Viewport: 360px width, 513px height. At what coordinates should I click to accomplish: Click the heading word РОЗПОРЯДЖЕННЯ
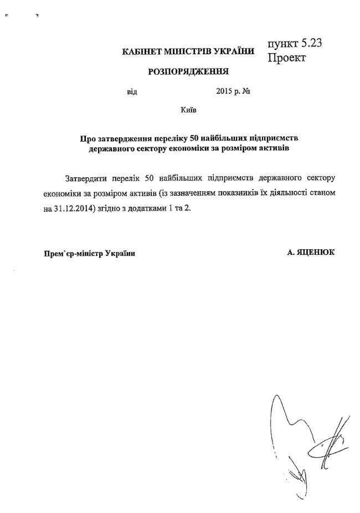coord(188,71)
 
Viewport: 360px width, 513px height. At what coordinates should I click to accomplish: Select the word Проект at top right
coord(287,58)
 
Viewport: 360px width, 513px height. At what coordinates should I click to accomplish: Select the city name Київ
coord(188,111)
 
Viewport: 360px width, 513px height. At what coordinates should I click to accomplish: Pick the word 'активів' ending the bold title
coord(271,148)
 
